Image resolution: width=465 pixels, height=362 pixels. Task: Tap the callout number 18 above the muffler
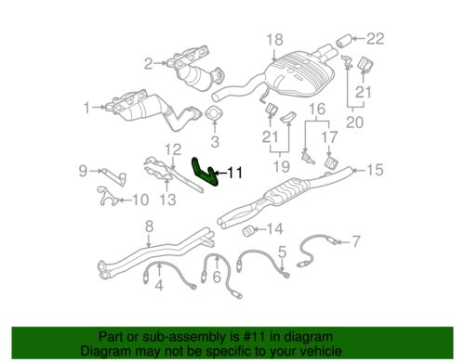coord(272,39)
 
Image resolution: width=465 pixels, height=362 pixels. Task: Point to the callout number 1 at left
coord(87,108)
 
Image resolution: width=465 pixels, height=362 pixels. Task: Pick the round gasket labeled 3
coord(214,118)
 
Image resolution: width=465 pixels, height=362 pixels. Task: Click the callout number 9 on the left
coord(82,170)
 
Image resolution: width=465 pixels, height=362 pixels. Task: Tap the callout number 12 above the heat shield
coord(173,149)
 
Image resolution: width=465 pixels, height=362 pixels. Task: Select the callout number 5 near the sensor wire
coord(280,251)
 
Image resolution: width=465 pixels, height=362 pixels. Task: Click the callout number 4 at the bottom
coord(159,284)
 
